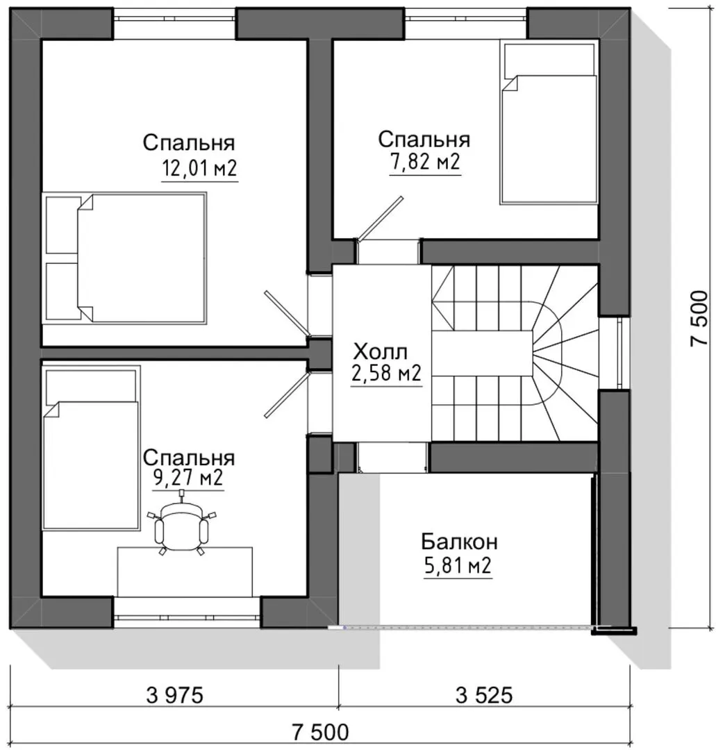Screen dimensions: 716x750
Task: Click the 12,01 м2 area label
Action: pos(200,169)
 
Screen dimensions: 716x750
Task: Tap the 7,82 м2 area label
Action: pos(425,162)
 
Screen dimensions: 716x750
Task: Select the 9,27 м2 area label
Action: pos(188,478)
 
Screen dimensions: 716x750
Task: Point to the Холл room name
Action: pos(381,352)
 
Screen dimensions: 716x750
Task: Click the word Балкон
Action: pos(459,542)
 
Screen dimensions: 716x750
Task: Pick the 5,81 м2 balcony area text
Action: pos(458,567)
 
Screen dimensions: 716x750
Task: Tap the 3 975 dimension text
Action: pos(174,695)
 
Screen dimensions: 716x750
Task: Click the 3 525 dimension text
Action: pos(484,695)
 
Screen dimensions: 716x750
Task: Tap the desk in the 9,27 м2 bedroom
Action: pos(185,572)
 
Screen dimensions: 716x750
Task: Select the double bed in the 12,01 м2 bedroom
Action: pos(126,258)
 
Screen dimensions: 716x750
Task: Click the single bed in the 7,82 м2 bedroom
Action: pos(549,123)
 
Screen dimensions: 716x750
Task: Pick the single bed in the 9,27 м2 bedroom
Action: pos(92,448)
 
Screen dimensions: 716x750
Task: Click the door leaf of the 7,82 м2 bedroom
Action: pos(381,217)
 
